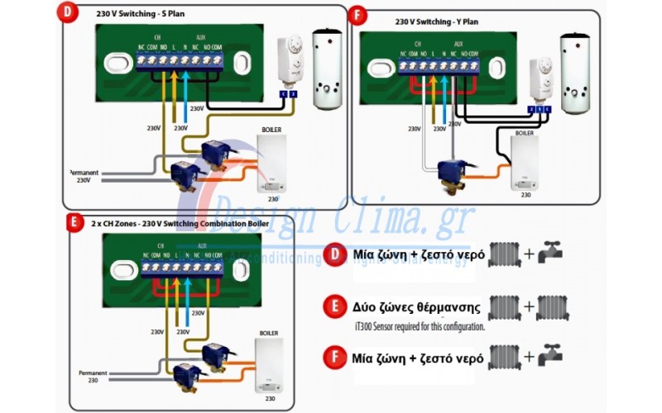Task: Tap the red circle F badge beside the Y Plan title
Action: click(357, 17)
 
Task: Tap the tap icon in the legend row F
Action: click(549, 358)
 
